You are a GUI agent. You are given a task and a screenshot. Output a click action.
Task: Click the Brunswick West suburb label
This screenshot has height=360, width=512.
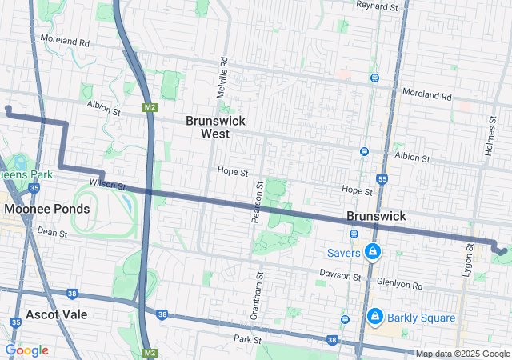coord(215,127)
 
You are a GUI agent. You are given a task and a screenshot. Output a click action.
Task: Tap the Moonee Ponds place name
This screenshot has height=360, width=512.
coord(46,209)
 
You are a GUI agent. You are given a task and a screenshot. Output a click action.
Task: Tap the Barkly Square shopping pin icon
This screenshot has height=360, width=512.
coord(374,317)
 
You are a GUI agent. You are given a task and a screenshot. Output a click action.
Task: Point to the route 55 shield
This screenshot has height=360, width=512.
coord(383,179)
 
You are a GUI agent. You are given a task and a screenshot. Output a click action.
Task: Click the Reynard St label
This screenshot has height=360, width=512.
coord(377,6)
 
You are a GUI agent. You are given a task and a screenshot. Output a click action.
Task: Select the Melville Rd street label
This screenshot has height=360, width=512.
coord(223,77)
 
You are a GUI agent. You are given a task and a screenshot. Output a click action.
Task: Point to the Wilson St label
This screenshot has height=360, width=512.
coord(108,184)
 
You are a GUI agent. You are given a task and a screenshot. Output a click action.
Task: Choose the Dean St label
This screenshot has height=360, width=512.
coord(51,231)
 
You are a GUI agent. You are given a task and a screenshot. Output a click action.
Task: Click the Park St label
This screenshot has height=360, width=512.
coord(248,340)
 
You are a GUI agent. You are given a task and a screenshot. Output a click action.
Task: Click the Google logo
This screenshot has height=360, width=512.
coord(26,350)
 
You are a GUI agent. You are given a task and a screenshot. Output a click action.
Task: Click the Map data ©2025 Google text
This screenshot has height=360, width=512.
coord(462,354)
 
